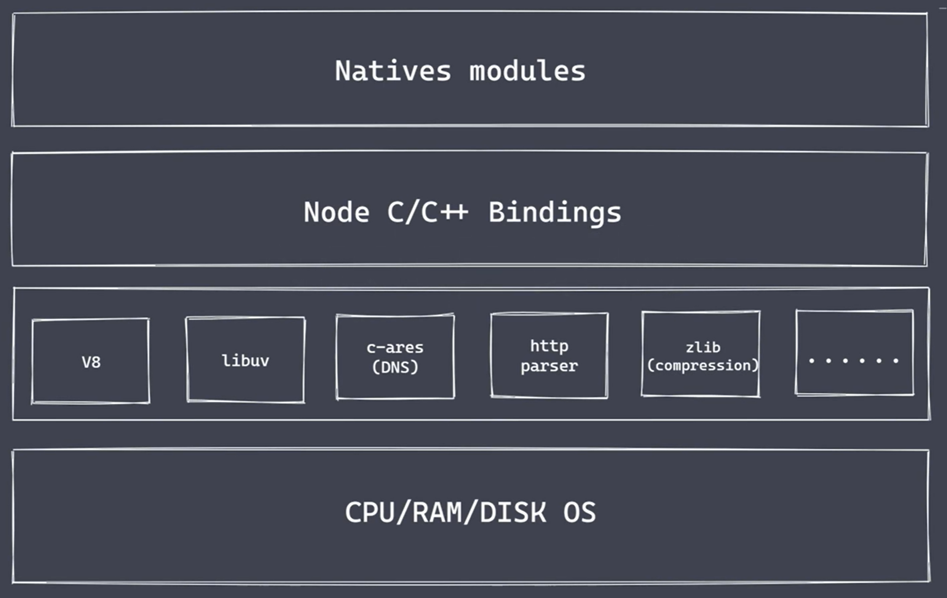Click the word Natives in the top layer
393,71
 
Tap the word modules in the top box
527,71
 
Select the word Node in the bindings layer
336,212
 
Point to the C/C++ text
427,212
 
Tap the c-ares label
395,348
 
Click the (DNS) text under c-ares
395,367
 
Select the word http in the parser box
549,346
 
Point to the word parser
549,366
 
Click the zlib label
703,347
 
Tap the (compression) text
702,366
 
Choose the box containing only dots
854,353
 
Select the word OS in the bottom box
579,513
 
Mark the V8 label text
91,362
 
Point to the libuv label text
246,361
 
